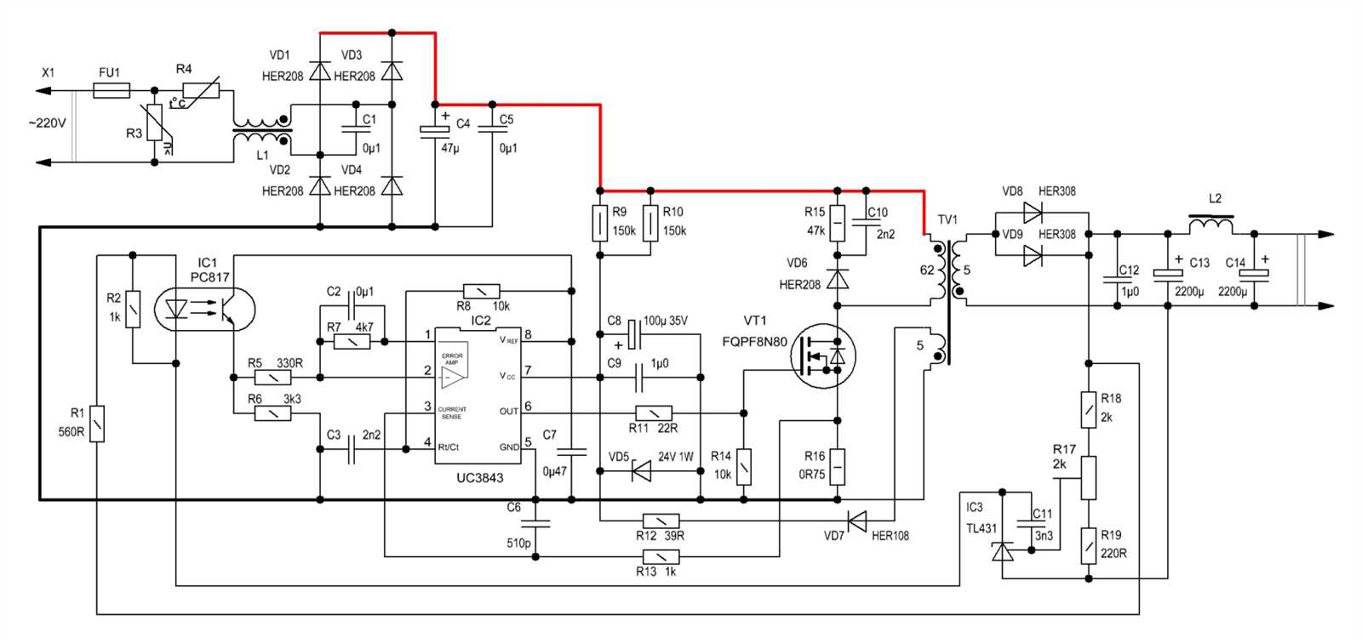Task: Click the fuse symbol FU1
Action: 111,90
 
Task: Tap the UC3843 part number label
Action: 479,478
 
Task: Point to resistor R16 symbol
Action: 838,466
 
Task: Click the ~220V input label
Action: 46,123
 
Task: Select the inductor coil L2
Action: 1210,226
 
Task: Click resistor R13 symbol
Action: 661,557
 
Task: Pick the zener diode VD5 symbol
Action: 641,471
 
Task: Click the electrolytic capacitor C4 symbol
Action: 435,129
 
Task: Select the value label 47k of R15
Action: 815,230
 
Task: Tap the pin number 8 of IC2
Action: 528,334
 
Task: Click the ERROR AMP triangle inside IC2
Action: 454,375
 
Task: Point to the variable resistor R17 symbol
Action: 1089,478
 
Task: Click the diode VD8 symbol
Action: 1033,210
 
